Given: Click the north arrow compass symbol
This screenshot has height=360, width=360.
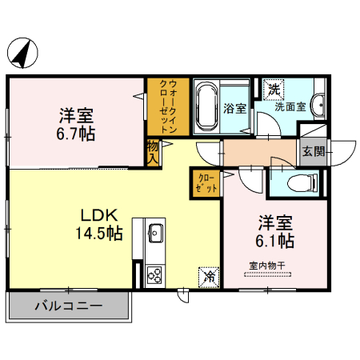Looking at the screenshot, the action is (x=22, y=53).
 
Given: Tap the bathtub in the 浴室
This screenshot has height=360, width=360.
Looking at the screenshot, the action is (x=206, y=106).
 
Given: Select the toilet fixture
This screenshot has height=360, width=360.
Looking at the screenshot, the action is (x=303, y=183).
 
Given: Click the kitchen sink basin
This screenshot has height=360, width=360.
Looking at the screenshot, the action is (x=156, y=233).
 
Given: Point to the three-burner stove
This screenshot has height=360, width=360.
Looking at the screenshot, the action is (x=154, y=275).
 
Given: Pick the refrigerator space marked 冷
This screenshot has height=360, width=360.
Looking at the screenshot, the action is (x=209, y=277).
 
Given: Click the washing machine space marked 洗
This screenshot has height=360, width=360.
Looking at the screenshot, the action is (x=274, y=90).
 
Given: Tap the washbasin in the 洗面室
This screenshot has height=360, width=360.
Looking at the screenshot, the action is (x=319, y=105).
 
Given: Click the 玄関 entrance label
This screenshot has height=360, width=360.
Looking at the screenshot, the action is (x=314, y=152).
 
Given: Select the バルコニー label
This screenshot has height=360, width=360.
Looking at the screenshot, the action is (x=69, y=306).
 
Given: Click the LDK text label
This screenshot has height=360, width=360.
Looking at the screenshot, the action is (x=99, y=215).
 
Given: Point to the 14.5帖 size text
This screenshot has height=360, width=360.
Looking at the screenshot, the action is (x=99, y=233).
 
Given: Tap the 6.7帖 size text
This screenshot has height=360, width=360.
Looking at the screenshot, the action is (x=76, y=134).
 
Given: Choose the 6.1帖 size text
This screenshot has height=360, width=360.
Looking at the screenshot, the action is (x=275, y=241).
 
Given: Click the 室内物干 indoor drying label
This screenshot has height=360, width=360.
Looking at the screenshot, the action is (x=267, y=266).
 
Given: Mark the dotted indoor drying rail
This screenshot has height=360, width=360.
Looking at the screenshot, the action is (x=267, y=274).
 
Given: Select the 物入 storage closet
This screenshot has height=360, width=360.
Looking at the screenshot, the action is (x=154, y=153).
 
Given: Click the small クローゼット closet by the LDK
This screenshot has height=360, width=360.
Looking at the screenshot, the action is (x=206, y=183).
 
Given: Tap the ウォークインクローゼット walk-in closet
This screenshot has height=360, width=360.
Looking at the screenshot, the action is (x=168, y=106).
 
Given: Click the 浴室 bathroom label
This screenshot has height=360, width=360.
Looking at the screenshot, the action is (x=234, y=108).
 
